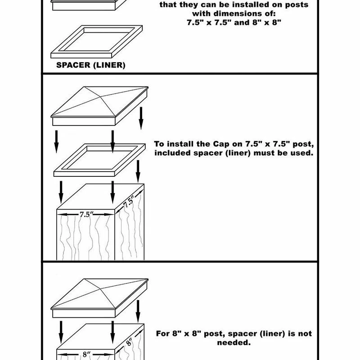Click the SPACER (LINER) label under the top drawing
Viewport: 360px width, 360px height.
[90, 65]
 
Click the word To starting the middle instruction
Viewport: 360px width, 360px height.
[159, 144]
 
